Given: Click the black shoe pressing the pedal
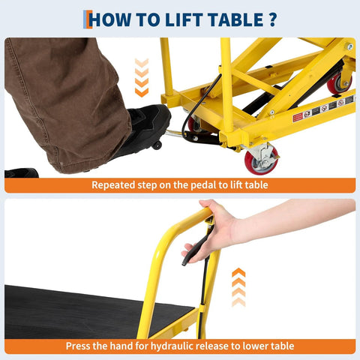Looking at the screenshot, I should tap(147, 127).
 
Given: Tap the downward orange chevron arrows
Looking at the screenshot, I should tap(141, 79).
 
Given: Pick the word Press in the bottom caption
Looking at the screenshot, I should tap(79, 346).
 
